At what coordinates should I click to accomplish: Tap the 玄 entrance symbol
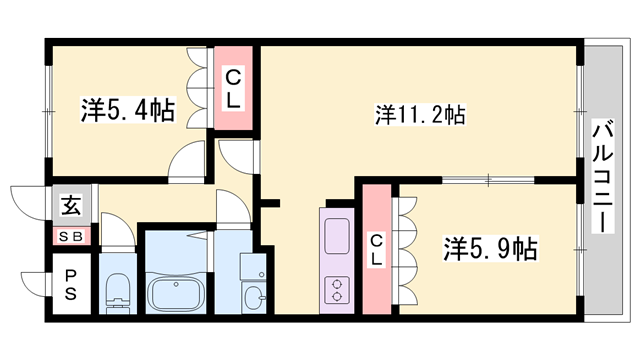coord(72,206)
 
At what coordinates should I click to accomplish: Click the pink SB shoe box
coord(72,236)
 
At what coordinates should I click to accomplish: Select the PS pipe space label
coord(72,283)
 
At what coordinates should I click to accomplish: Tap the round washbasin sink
coord(253,297)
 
